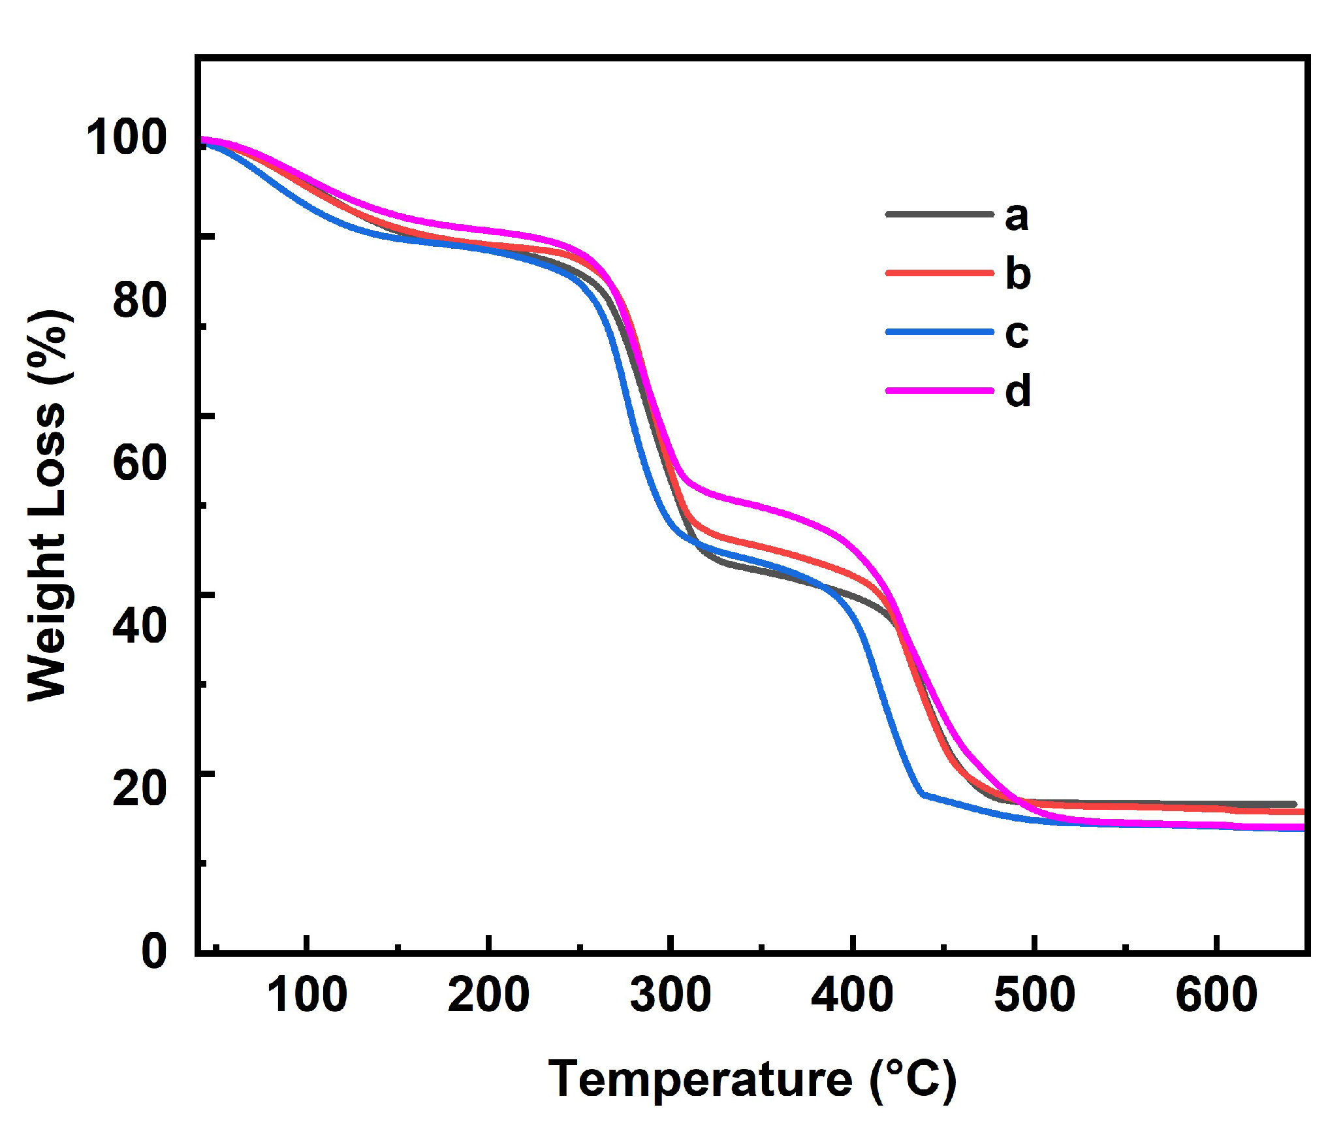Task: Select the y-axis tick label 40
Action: point(139,624)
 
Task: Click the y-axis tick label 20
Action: point(139,787)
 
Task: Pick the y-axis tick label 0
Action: point(154,950)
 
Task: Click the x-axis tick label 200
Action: point(488,995)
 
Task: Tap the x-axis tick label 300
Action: point(671,995)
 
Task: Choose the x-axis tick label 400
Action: point(852,995)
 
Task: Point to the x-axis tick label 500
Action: point(1034,995)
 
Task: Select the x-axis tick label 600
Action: point(1216,995)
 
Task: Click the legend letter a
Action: point(1017,216)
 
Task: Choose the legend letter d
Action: point(1017,391)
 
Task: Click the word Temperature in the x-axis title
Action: point(700,1080)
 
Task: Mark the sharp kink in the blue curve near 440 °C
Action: point(922,793)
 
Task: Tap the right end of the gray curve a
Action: point(1294,804)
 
